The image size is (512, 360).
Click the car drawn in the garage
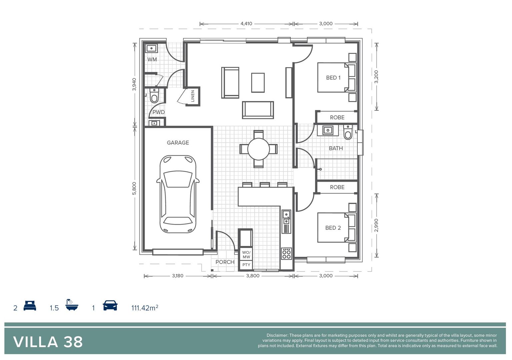(x=178, y=194)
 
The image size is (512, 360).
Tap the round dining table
(x=258, y=149)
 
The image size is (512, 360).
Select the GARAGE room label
(x=178, y=143)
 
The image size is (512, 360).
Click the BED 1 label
(x=333, y=78)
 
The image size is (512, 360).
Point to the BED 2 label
(x=333, y=228)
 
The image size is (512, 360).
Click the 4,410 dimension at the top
(x=246, y=24)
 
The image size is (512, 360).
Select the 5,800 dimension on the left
(x=134, y=188)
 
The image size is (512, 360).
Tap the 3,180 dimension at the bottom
(x=177, y=276)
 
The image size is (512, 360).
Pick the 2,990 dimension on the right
(x=376, y=225)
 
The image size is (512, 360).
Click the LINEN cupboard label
(x=193, y=96)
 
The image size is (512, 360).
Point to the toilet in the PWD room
(x=154, y=96)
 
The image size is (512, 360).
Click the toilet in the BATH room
(x=348, y=132)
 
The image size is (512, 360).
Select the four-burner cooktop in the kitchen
(x=286, y=253)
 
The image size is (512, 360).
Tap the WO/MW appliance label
(x=246, y=255)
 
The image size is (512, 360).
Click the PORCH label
(x=225, y=262)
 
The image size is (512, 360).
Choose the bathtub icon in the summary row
(x=72, y=305)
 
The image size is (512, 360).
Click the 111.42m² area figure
(x=145, y=308)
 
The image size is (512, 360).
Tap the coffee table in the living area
(x=258, y=83)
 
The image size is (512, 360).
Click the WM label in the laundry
(x=152, y=60)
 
